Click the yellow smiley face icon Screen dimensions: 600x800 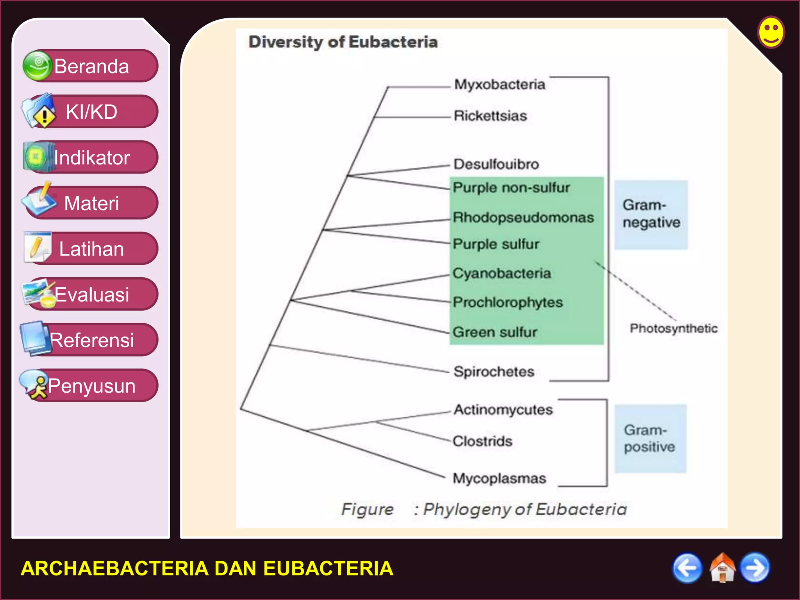771,32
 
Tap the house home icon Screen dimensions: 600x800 722,568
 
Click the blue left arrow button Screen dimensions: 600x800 687,568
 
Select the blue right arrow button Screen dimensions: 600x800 755,568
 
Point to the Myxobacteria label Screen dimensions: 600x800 500,84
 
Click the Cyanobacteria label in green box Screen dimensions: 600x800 502,273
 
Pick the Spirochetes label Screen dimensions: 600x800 494,371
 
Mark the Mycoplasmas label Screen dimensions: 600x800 499,478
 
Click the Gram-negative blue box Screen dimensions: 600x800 651,214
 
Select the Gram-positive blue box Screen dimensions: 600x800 650,439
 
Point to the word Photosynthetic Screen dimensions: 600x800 673,328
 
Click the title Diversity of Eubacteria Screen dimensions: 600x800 343,42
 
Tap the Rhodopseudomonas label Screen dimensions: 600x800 523,217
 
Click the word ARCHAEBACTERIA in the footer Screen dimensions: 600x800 114,568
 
